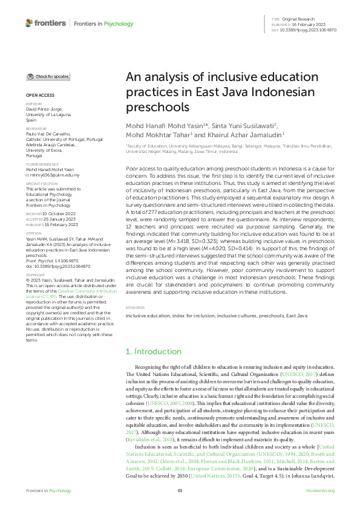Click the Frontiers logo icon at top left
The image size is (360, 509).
pos(29,23)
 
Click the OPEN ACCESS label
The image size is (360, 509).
pos(40,96)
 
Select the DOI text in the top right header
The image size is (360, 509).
pos(309,30)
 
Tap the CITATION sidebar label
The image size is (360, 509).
pos(33,232)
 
